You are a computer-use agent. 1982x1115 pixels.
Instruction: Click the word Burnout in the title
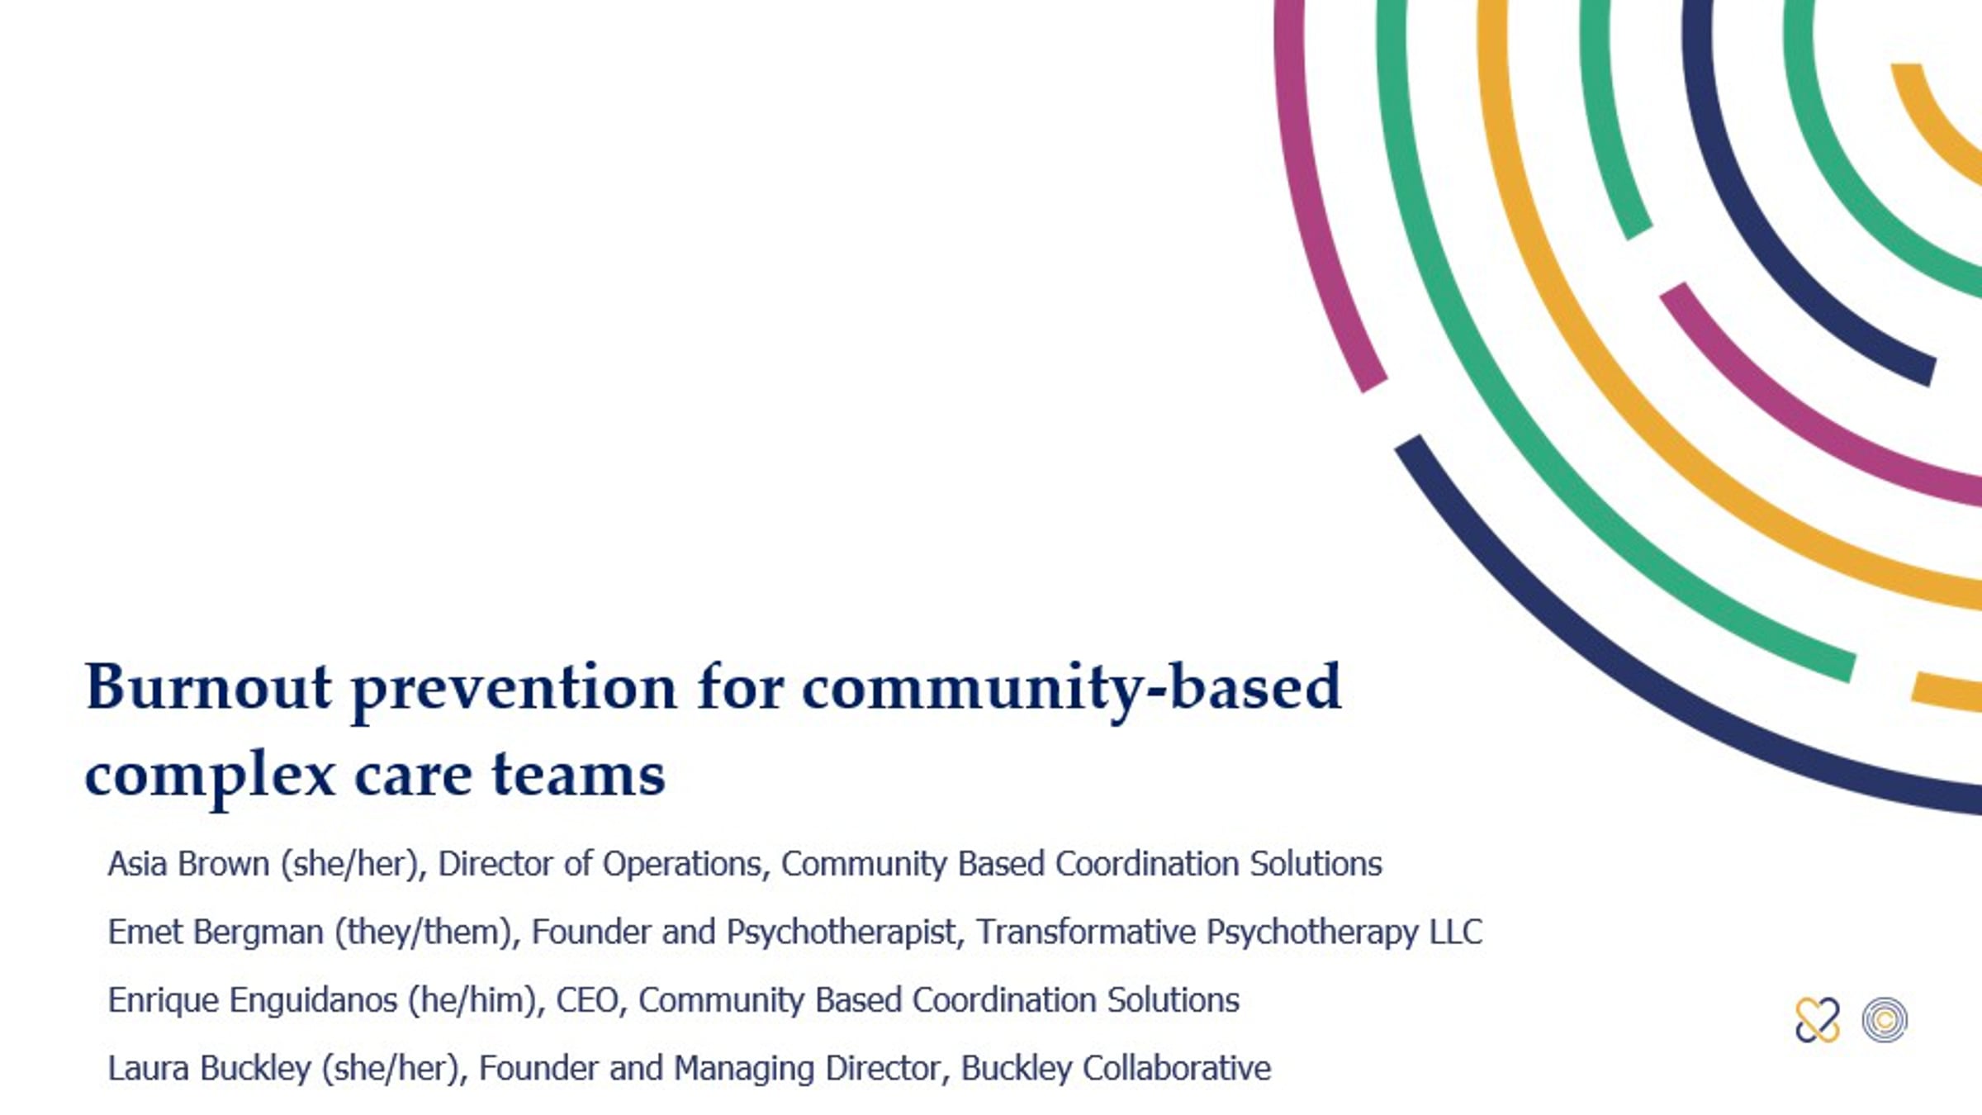coord(208,687)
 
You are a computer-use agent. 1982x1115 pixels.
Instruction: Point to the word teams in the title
coord(578,775)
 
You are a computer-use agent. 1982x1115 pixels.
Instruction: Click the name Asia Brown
coord(188,864)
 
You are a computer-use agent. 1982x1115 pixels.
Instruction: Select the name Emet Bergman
coord(216,932)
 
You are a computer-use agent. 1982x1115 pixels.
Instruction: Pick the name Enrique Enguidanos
coord(253,1000)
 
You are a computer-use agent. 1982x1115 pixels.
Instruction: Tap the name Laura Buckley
coord(209,1069)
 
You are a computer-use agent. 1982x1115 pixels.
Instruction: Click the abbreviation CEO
coord(586,1000)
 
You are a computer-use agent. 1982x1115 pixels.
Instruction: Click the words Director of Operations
coord(599,864)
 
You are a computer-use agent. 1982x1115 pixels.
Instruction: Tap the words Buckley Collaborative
coord(1116,1069)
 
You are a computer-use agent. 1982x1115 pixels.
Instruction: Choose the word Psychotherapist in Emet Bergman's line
coord(841,932)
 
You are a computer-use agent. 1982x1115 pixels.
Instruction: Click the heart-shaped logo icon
coord(1817,1020)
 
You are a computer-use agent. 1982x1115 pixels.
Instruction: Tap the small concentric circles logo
coord(1885,1020)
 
